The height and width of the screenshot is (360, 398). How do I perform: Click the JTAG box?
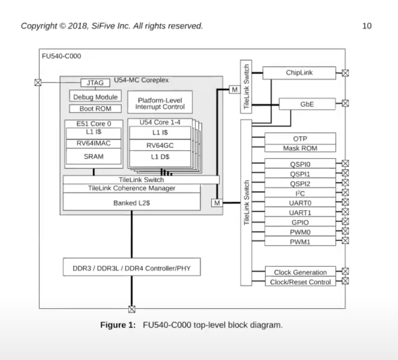point(95,83)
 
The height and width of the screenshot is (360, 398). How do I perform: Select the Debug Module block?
point(96,97)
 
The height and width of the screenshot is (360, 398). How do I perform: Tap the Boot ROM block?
point(96,109)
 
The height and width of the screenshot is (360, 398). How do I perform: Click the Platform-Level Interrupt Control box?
point(160,103)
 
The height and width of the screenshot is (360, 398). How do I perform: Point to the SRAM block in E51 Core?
point(94,157)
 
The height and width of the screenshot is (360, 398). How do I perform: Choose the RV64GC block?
point(160,145)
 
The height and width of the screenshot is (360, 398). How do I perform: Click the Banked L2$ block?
point(131,202)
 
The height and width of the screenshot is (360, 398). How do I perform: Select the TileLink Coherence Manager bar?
point(131,188)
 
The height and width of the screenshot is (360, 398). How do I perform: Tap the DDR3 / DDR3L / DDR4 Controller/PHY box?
point(131,268)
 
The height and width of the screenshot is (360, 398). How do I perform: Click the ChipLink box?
point(299,73)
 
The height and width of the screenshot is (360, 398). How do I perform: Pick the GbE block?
point(307,104)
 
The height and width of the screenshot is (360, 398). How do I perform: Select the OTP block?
point(300,139)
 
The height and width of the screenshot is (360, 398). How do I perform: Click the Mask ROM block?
point(300,148)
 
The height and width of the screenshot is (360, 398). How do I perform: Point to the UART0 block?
point(300,202)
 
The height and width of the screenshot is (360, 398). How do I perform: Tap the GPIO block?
point(300,222)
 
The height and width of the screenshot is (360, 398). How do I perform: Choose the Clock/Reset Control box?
point(300,282)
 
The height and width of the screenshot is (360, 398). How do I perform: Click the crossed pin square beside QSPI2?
point(346,183)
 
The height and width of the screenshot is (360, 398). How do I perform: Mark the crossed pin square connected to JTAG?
point(38,83)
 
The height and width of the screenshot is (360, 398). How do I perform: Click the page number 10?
point(367,26)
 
